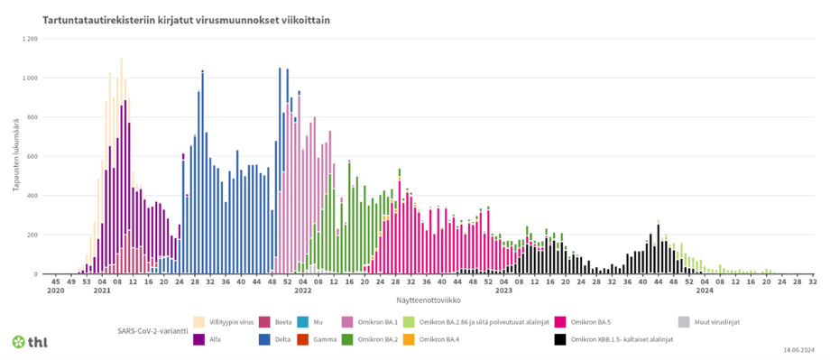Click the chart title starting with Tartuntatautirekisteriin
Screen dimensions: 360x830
tap(168, 18)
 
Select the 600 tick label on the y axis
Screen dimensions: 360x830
tap(32, 156)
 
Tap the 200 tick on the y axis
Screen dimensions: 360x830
tap(32, 235)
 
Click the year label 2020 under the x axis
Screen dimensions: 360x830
tap(56, 291)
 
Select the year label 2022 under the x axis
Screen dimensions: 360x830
tap(302, 291)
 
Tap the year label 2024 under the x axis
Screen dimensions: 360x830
tap(704, 291)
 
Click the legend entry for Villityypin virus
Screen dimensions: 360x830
tap(226, 321)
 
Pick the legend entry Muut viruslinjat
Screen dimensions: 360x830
tap(717, 321)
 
